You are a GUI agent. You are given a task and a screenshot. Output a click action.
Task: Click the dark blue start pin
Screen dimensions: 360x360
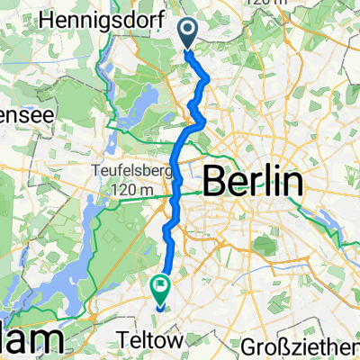tap(190, 35)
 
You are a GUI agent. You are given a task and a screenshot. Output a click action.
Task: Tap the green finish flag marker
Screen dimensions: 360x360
tap(160, 289)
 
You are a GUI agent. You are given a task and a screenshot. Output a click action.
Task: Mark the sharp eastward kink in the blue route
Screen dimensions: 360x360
tap(205, 120)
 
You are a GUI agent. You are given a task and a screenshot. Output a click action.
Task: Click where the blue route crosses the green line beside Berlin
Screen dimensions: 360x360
tap(175, 192)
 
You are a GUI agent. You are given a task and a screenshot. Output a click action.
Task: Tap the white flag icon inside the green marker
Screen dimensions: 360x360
tap(160, 288)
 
